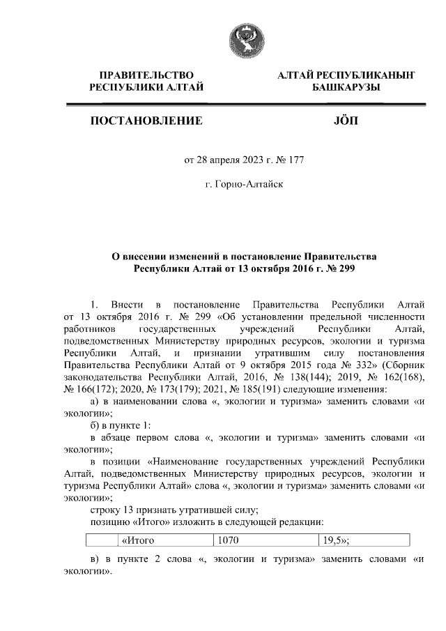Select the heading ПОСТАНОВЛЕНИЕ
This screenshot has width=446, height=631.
pos(146,121)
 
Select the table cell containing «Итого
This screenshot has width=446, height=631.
pos(163,540)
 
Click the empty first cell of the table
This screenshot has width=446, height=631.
pos(100,540)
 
